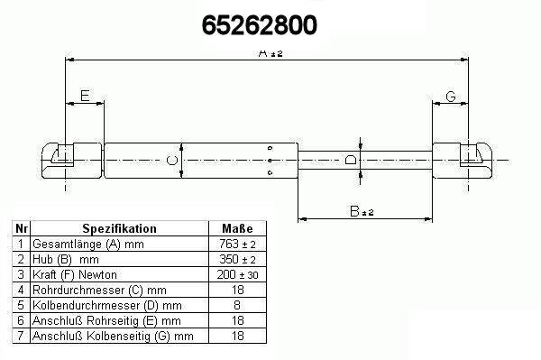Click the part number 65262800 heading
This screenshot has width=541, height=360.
point(259,25)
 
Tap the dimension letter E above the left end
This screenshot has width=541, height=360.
point(85,96)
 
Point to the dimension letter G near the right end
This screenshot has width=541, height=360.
point(451,97)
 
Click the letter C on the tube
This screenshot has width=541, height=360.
point(172,161)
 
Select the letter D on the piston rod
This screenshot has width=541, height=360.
point(351,160)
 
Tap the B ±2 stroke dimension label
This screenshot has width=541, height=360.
point(362,211)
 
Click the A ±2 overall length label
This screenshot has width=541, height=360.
point(270,53)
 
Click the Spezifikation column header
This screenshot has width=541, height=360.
point(119,228)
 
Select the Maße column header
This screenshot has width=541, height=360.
point(237,228)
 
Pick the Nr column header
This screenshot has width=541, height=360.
point(22,228)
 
